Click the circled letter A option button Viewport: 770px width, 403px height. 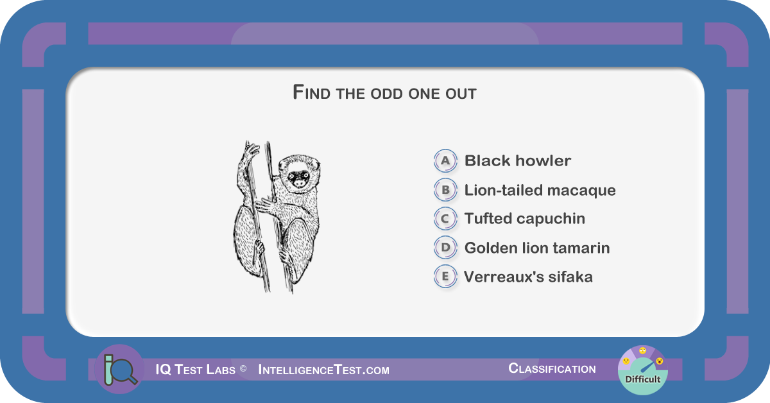(445, 160)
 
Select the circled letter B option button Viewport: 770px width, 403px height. (445, 189)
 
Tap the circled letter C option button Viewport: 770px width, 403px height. (445, 218)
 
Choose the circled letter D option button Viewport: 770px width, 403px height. (445, 247)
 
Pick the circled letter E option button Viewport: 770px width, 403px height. (445, 276)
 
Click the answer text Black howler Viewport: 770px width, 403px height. (518, 160)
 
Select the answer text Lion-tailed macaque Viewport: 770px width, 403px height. (540, 190)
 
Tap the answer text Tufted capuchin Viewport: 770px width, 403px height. (525, 219)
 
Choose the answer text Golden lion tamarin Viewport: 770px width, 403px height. (537, 248)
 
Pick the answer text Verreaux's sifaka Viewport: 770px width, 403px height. (528, 277)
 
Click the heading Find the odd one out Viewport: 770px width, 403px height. (384, 92)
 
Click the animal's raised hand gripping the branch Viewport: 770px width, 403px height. (251, 150)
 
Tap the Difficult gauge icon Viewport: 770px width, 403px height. (642, 370)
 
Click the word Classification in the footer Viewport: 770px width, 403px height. (552, 368)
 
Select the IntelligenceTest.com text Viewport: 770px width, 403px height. (324, 370)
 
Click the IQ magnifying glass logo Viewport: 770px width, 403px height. (119, 369)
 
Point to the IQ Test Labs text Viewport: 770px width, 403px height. (195, 370)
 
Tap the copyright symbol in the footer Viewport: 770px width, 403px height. (243, 368)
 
